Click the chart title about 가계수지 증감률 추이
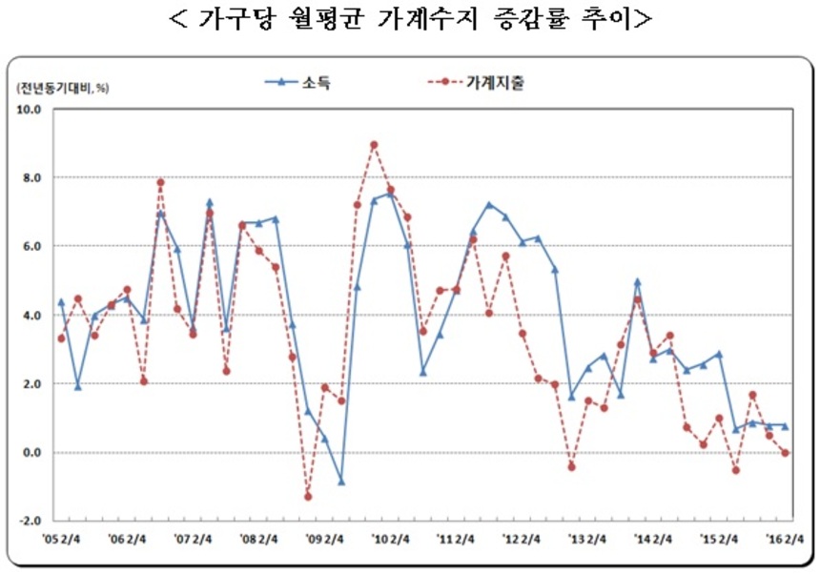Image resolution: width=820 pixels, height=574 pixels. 410,19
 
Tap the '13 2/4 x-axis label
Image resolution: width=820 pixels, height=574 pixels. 588,539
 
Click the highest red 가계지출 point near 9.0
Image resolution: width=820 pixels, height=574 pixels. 374,145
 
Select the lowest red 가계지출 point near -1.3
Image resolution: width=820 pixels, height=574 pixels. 308,496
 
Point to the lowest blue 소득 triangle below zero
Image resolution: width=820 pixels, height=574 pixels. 341,482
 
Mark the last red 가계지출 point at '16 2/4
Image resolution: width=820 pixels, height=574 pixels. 786,453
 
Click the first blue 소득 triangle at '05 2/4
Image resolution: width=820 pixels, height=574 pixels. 61,302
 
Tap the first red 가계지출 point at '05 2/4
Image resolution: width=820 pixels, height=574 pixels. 61,338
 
